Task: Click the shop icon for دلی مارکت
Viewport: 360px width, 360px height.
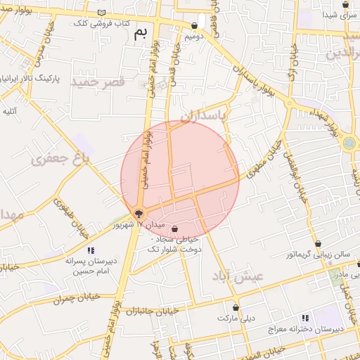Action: [236, 308]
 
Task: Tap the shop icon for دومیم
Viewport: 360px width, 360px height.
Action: [194, 26]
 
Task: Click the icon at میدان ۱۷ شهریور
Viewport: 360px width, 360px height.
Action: [139, 214]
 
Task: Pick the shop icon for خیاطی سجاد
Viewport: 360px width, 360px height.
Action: [174, 229]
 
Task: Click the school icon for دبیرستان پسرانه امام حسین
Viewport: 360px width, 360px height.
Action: [90, 251]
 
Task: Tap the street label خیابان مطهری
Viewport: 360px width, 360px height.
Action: [264, 157]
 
